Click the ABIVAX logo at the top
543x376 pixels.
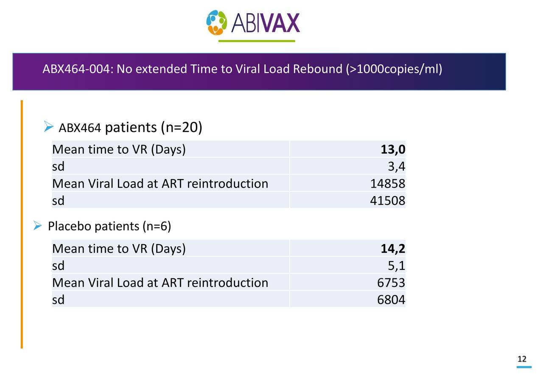[253, 22]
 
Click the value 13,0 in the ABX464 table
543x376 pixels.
[392, 149]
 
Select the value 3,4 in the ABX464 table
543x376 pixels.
[396, 167]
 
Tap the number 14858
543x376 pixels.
[387, 184]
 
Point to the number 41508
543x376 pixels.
[387, 201]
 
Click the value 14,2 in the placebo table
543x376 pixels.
[392, 249]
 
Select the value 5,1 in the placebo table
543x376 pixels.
[396, 266]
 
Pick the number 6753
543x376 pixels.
[391, 283]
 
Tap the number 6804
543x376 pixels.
[391, 300]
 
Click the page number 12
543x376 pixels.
[522, 359]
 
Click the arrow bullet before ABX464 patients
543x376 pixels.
[48, 126]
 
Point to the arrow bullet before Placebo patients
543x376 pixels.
[37, 226]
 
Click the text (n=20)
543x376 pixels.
[181, 127]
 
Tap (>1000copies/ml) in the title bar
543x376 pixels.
[394, 69]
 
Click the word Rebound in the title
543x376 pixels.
[317, 69]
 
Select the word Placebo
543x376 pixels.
[70, 227]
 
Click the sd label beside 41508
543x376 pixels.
[58, 201]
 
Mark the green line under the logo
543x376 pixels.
[256, 41]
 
